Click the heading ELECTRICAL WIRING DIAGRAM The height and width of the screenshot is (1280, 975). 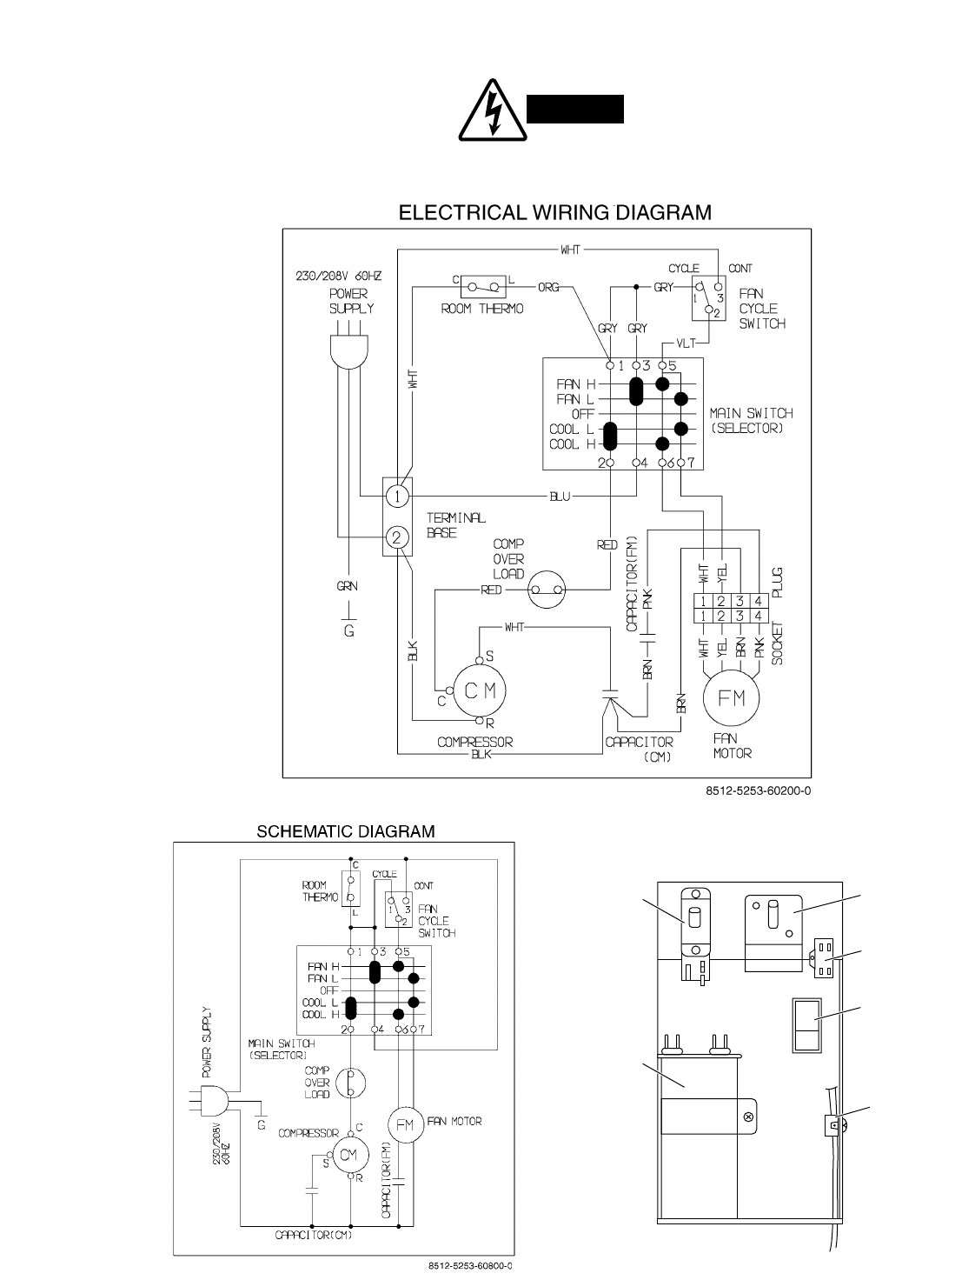(554, 211)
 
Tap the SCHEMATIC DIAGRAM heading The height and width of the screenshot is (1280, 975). (345, 831)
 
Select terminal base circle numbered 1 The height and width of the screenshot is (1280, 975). (396, 497)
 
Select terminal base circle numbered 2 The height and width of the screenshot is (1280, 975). (396, 537)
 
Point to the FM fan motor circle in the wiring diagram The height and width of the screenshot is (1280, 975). (732, 698)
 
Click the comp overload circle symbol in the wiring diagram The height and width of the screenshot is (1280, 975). (548, 590)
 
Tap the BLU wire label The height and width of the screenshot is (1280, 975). (560, 497)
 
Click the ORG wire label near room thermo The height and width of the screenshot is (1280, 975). (548, 286)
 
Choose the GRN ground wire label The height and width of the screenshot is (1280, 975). (348, 586)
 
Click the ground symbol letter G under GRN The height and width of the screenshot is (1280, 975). (348, 631)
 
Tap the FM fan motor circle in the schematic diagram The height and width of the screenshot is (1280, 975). (404, 1124)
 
